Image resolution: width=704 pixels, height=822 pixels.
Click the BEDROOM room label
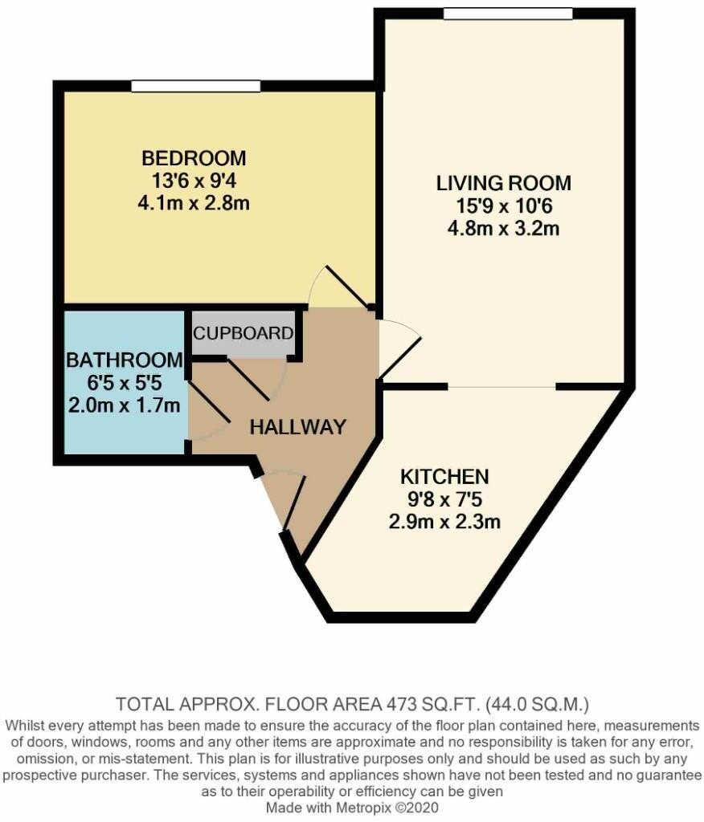(194, 157)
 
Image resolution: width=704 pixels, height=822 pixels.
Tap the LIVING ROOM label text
(503, 183)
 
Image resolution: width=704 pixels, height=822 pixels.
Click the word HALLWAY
(297, 427)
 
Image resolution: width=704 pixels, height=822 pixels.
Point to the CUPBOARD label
(242, 332)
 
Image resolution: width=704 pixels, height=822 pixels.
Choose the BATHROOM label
(125, 360)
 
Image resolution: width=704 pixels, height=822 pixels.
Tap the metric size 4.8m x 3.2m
(503, 228)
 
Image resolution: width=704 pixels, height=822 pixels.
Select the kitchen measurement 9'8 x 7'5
(444, 499)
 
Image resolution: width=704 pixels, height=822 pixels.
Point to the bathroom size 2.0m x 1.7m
(125, 405)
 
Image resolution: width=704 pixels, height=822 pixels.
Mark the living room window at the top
(508, 14)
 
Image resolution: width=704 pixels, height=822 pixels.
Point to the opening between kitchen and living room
(501, 387)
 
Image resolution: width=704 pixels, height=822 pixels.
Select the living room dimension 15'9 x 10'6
(503, 205)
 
